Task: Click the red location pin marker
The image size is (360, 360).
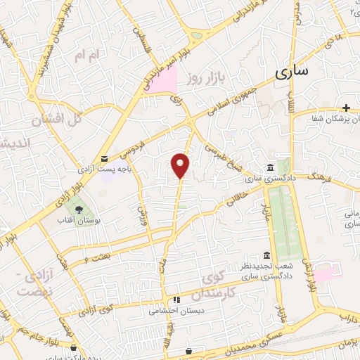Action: tap(181, 165)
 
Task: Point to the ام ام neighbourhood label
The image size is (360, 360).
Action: tap(91, 53)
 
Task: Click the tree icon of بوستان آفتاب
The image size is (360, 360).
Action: tap(79, 209)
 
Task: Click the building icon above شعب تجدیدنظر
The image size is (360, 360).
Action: tap(266, 255)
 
